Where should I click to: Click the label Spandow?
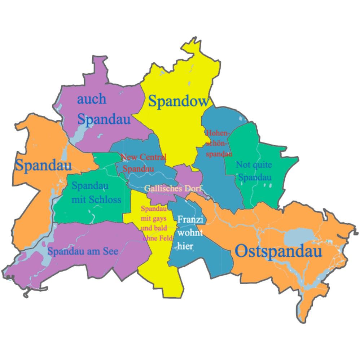179,101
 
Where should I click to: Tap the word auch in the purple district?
92,99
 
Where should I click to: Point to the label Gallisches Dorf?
173,188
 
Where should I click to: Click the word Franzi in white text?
189,219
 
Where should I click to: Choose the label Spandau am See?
83,251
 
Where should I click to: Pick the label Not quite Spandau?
255,171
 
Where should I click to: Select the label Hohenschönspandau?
218,143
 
